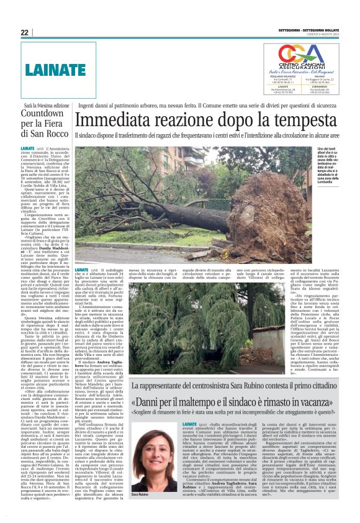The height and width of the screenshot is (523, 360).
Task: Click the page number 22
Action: pos(25,32)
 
